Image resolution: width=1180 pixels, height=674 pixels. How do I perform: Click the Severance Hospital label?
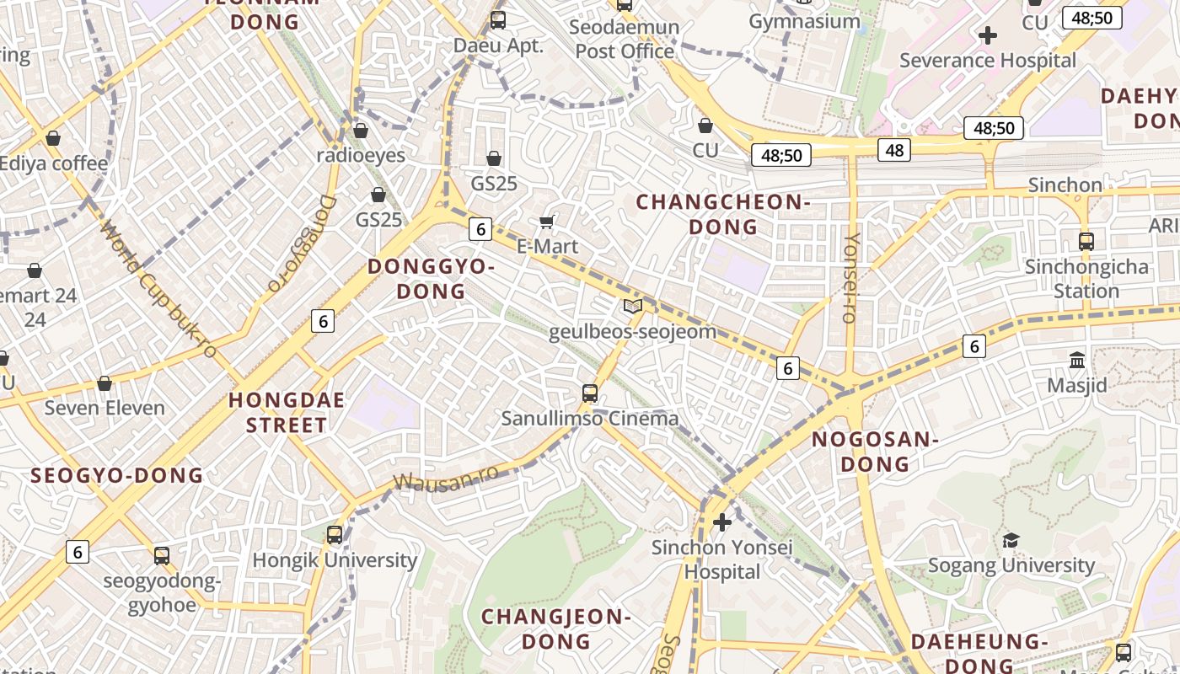click(x=988, y=61)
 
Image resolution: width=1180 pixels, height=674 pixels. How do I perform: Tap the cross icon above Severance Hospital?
click(x=988, y=35)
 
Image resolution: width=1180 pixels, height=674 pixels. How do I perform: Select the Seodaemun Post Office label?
click(x=624, y=39)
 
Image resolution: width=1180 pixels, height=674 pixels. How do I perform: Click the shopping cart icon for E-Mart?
click(x=547, y=222)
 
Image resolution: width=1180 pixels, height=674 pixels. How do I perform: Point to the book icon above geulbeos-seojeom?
click(x=632, y=306)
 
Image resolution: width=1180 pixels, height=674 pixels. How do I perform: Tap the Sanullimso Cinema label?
click(x=590, y=419)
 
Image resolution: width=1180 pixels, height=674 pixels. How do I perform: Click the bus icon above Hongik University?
click(x=335, y=534)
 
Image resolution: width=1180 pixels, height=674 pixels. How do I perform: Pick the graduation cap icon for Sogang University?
click(x=1011, y=540)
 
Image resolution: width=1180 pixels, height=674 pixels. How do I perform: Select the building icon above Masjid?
click(x=1076, y=361)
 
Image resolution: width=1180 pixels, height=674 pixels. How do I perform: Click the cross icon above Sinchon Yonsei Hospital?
click(x=721, y=522)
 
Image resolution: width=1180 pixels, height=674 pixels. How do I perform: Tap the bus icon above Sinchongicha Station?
click(x=1086, y=242)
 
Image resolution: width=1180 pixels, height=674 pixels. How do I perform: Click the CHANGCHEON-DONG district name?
click(x=723, y=214)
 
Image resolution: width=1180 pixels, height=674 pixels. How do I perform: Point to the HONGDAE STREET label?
click(x=287, y=412)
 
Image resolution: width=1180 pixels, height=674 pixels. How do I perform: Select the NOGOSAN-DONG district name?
click(x=875, y=451)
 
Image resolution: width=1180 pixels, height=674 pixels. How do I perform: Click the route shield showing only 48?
click(x=894, y=150)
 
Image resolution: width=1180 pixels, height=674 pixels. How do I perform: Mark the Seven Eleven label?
click(x=105, y=409)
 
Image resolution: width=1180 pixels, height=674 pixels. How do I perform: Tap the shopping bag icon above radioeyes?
click(x=361, y=131)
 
